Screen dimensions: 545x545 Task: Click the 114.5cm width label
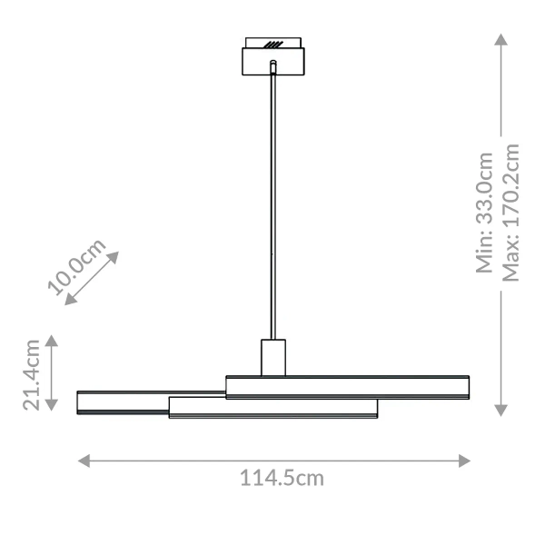pyautogui.click(x=282, y=478)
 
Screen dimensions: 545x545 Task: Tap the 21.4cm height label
pyautogui.click(x=33, y=374)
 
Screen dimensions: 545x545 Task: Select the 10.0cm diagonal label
pyautogui.click(x=77, y=268)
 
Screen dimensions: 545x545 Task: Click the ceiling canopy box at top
pyautogui.click(x=273, y=62)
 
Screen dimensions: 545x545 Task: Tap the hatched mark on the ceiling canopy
pyautogui.click(x=273, y=43)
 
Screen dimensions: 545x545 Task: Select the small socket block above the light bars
pyautogui.click(x=273, y=357)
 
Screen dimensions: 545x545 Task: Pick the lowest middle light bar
pyautogui.click(x=272, y=408)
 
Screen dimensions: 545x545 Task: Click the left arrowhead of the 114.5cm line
pyautogui.click(x=84, y=461)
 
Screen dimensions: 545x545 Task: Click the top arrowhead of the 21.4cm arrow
pyautogui.click(x=52, y=341)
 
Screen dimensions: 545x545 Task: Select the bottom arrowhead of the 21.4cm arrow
pyautogui.click(x=52, y=407)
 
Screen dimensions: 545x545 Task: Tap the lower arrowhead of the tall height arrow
pyautogui.click(x=500, y=411)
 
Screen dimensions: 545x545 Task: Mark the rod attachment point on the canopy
pyautogui.click(x=273, y=64)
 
